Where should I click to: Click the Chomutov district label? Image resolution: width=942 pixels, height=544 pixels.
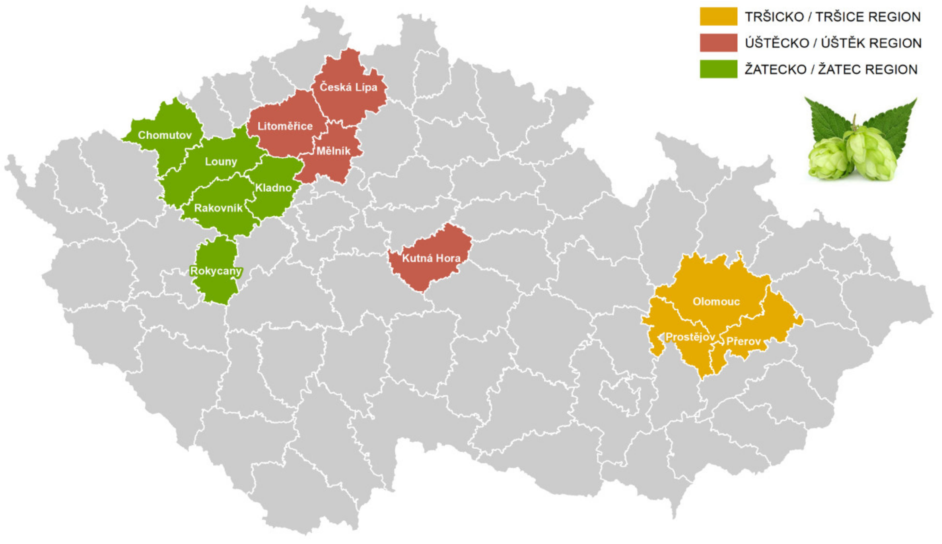tap(164, 135)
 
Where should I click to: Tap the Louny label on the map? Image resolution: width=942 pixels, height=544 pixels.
tap(221, 162)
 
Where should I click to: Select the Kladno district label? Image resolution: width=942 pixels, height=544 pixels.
tap(274, 188)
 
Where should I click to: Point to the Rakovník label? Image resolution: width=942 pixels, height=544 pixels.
tap(218, 208)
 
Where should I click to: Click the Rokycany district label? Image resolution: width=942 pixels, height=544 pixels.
tap(216, 271)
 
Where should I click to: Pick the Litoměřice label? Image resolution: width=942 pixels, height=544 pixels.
tap(285, 126)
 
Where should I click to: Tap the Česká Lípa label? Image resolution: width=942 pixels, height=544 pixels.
tap(348, 87)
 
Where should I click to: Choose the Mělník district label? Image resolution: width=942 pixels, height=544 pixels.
tap(333, 151)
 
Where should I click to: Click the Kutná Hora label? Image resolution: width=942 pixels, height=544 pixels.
tap(431, 258)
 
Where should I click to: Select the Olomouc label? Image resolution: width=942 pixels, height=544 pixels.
tap(716, 302)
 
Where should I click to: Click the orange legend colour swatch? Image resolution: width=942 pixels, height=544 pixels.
tap(718, 16)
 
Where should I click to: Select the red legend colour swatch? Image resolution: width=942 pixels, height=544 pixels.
tap(718, 42)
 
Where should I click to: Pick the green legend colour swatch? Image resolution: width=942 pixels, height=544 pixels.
tap(718, 69)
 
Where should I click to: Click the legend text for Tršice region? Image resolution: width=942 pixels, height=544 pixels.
tap(833, 17)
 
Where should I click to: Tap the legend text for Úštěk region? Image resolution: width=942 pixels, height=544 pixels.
tap(833, 43)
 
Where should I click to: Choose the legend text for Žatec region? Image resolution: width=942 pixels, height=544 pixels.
tap(831, 70)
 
